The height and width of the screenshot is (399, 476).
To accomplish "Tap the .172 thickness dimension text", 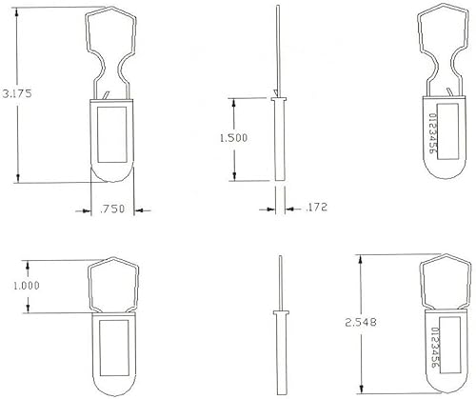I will (x=310, y=206).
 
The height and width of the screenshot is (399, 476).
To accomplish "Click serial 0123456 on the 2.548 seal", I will (x=435, y=349).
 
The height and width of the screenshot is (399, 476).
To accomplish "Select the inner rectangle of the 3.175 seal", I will (x=112, y=133).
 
